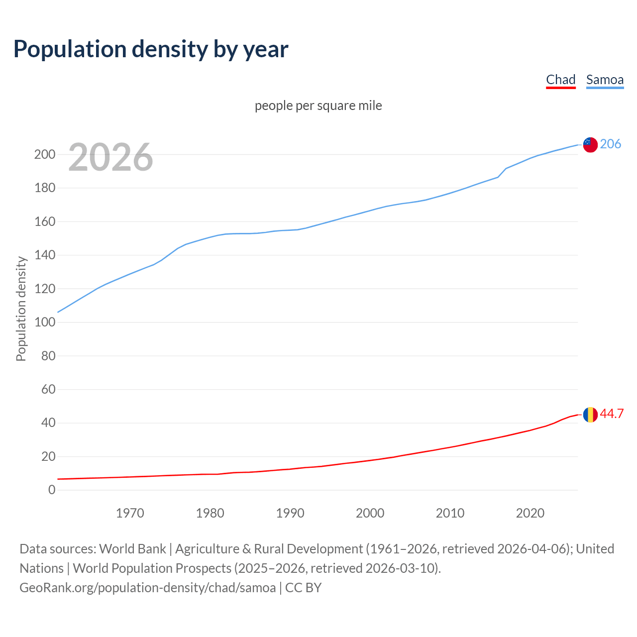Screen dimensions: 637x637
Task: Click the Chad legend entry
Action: tap(560, 80)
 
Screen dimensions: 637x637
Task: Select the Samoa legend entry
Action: tap(605, 80)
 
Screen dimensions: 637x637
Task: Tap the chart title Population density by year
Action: tap(151, 49)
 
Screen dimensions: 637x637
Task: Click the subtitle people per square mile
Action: tap(318, 106)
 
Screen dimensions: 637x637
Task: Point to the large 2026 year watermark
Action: tap(110, 158)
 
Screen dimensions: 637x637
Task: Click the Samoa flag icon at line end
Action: tap(590, 144)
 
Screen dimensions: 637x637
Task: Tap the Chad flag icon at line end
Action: tap(590, 414)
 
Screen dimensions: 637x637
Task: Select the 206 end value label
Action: tap(611, 144)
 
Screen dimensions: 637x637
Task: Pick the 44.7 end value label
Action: tap(612, 414)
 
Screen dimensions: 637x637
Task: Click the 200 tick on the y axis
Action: tap(45, 155)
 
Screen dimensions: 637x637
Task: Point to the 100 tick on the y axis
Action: tap(45, 322)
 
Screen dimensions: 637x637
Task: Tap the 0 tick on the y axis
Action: tap(52, 490)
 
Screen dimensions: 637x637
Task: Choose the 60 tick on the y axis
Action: tap(48, 390)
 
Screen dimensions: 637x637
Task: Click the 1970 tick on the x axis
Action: tap(130, 513)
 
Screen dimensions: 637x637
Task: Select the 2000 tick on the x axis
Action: tap(370, 513)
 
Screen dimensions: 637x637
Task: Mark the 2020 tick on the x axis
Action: tap(530, 513)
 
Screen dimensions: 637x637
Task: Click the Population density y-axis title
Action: tap(21, 309)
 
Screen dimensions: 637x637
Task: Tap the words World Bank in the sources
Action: tap(132, 549)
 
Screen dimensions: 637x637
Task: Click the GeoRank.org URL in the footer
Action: tap(147, 588)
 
